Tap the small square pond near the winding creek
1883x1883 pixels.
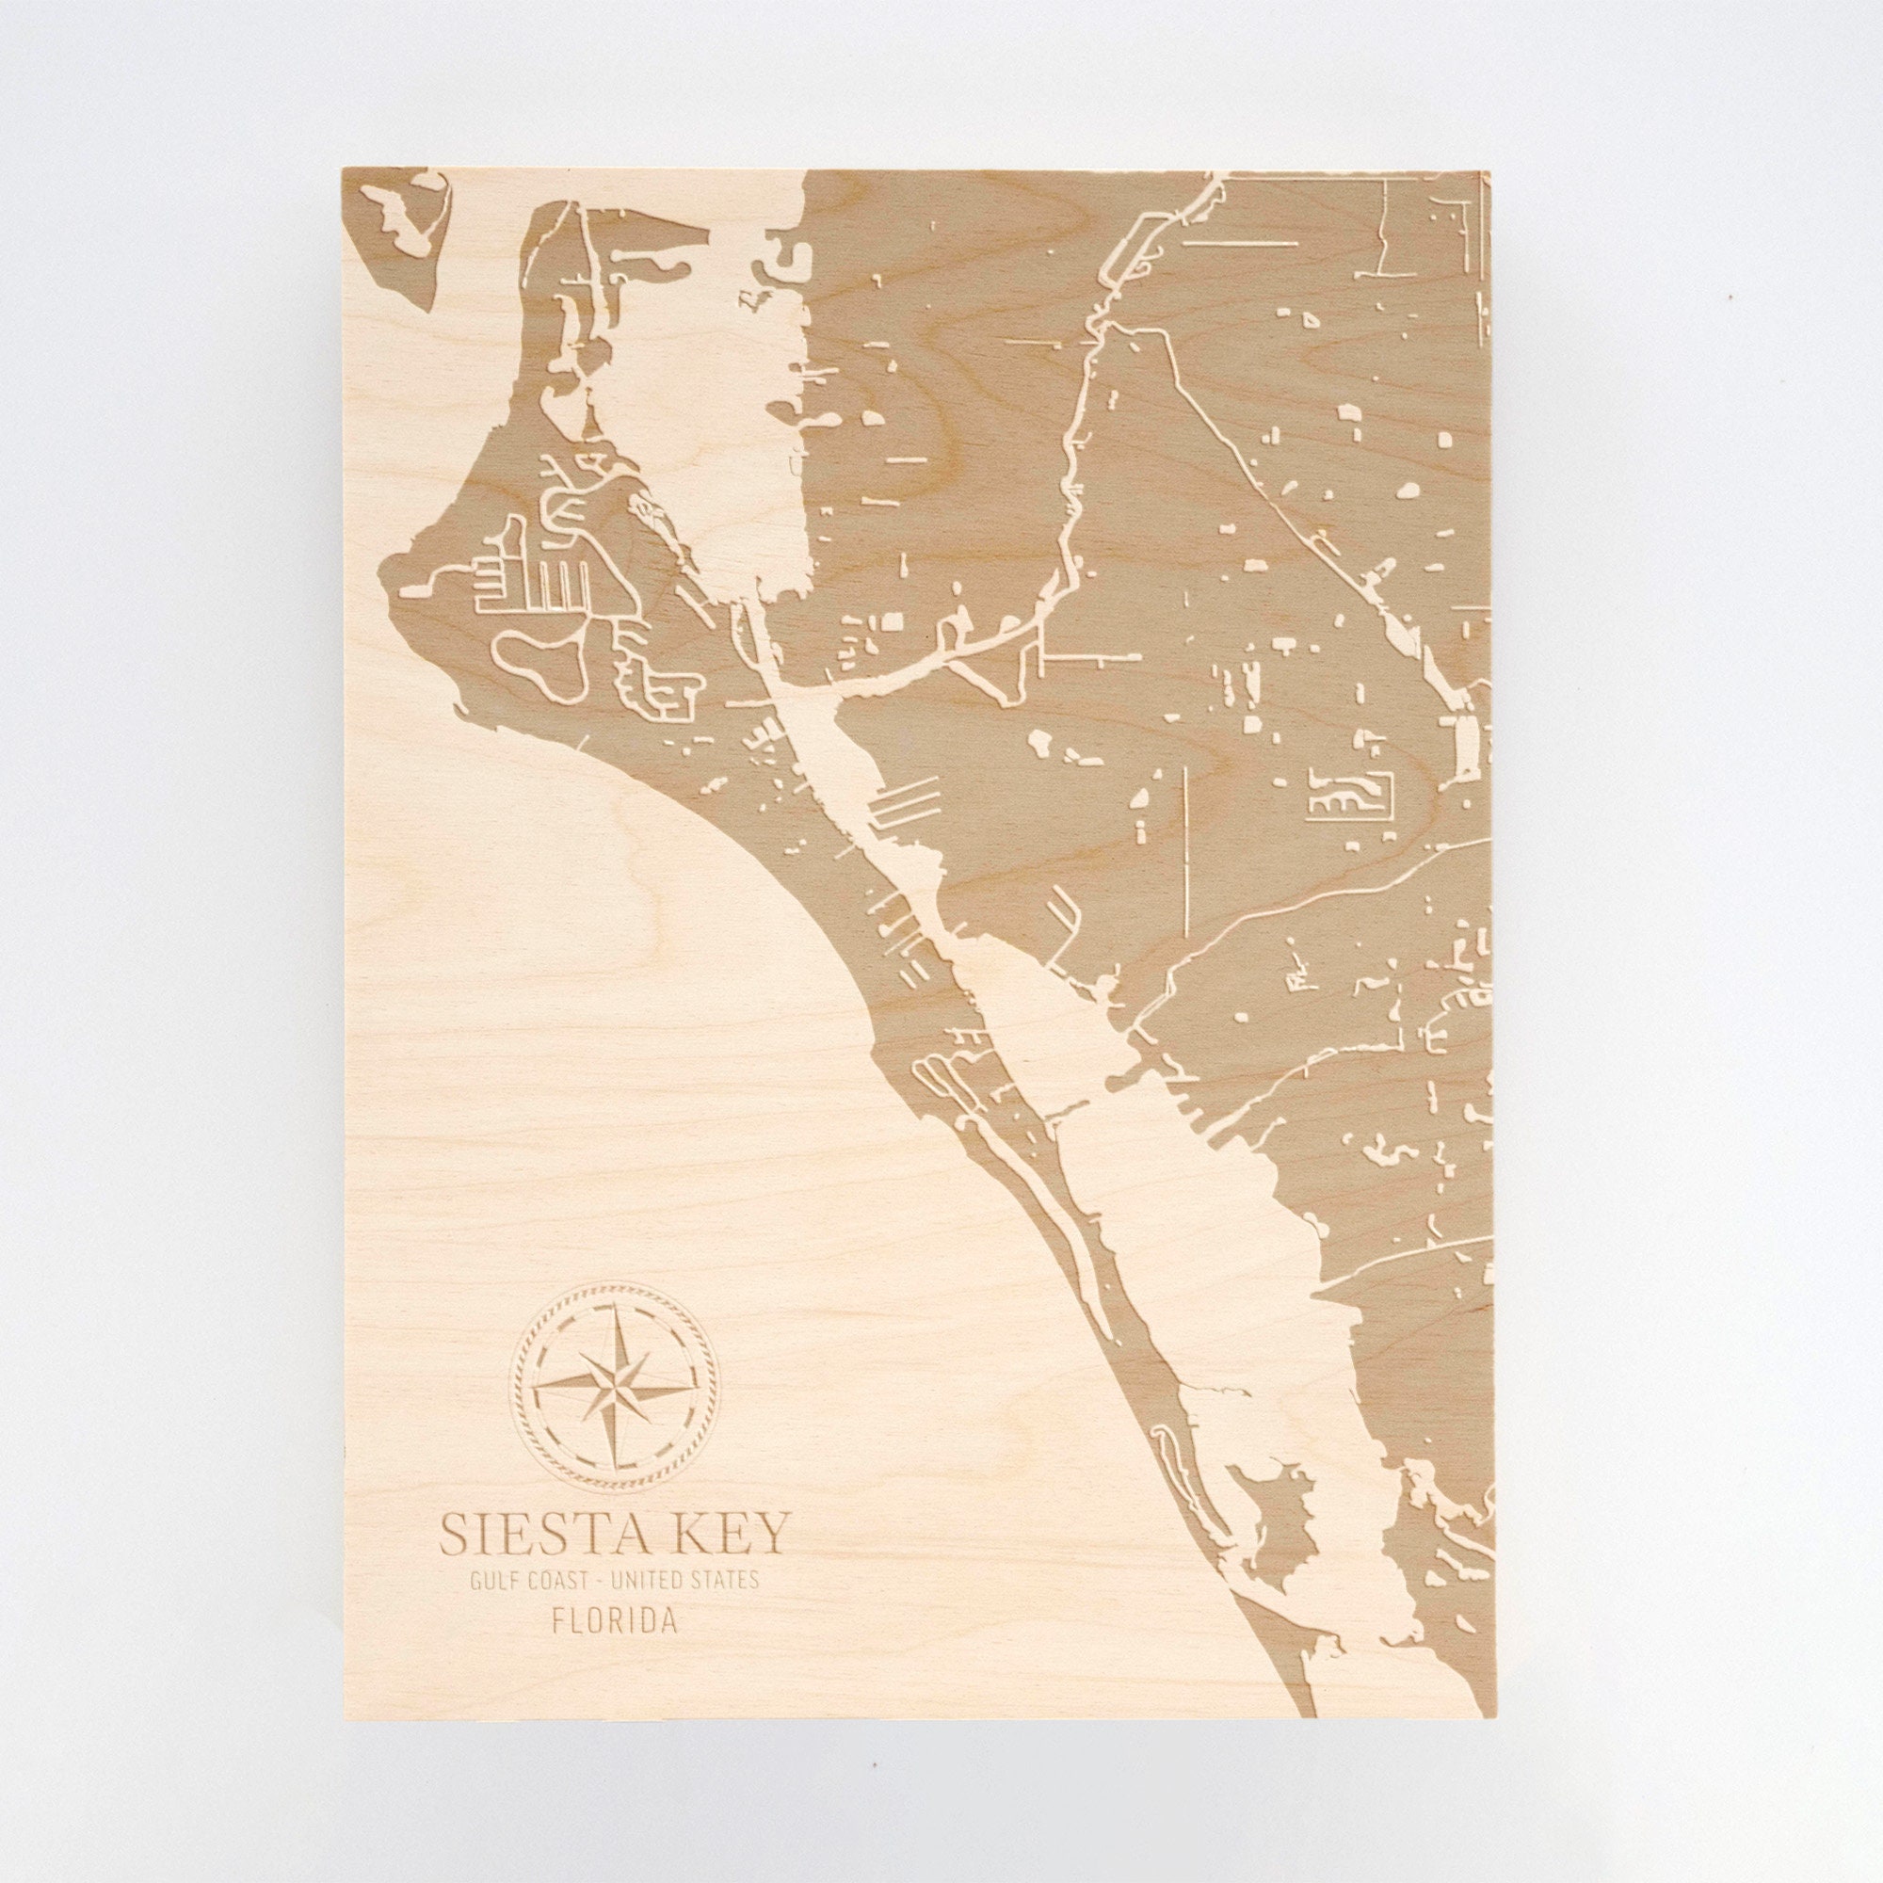[x=893, y=620]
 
